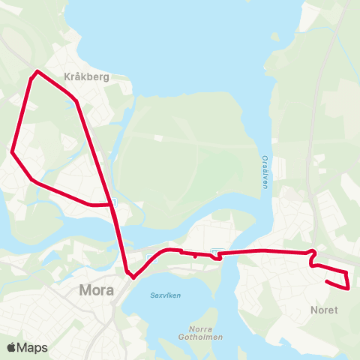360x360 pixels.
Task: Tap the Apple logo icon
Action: coord(11,347)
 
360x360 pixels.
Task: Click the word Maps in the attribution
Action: coord(32,347)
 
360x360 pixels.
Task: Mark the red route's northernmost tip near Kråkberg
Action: coord(36,72)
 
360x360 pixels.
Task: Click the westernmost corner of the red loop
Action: coord(12,151)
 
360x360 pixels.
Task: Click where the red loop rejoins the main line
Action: coord(111,203)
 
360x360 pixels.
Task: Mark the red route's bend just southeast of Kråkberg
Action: coord(76,101)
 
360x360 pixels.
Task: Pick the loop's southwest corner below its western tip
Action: coord(32,180)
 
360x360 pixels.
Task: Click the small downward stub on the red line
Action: coord(195,256)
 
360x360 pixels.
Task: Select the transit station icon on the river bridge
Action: coord(216,252)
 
